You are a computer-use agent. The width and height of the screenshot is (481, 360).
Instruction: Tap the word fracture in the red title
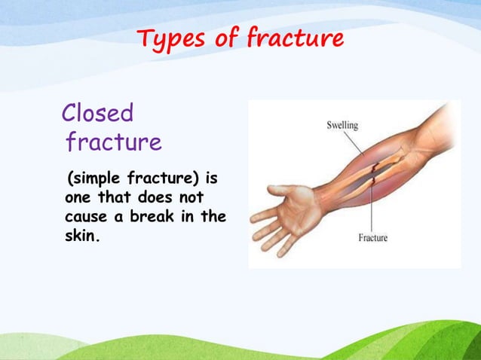pos(295,38)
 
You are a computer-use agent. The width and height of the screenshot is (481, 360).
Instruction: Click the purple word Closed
pos(97,114)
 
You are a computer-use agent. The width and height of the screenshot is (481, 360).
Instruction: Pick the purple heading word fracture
pos(113,142)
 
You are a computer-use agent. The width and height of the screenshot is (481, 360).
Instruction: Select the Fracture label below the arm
pos(372,238)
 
